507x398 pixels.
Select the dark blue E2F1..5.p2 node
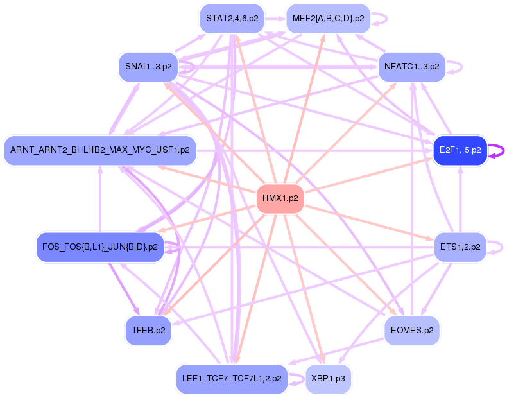[460, 150]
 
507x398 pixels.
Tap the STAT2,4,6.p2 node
[232, 19]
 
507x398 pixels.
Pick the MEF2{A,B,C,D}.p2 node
[328, 19]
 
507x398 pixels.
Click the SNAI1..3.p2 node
[148, 67]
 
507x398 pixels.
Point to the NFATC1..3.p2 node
[411, 67]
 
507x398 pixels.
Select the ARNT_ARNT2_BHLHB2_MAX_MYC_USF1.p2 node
[99, 150]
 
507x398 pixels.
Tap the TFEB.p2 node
[148, 331]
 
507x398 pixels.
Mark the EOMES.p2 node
[411, 331]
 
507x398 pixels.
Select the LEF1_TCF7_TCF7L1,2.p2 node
[232, 379]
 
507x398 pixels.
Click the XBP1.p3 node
[328, 379]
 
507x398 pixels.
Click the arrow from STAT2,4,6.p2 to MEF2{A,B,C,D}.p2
[275, 19]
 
